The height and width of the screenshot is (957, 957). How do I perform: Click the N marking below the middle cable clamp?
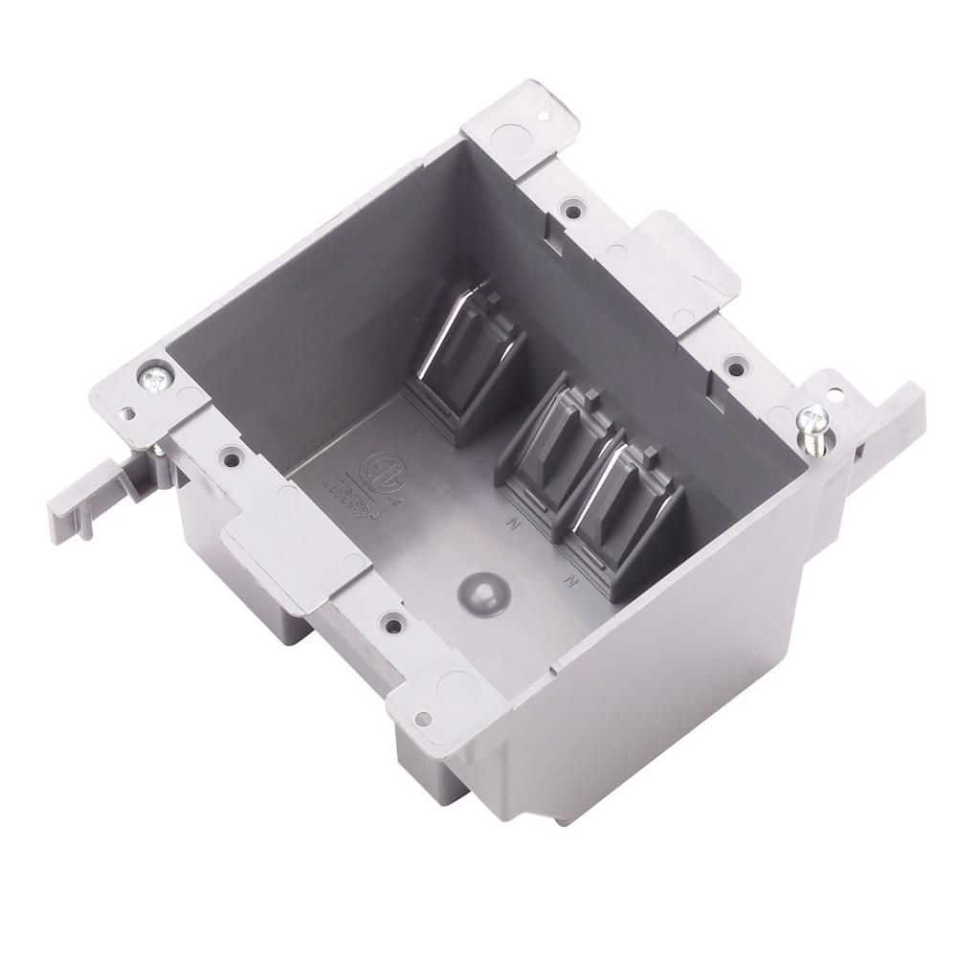(x=514, y=525)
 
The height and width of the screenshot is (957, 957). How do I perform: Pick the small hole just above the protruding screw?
(x=839, y=393)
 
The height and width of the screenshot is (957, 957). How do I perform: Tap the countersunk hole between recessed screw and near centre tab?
(x=230, y=458)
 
